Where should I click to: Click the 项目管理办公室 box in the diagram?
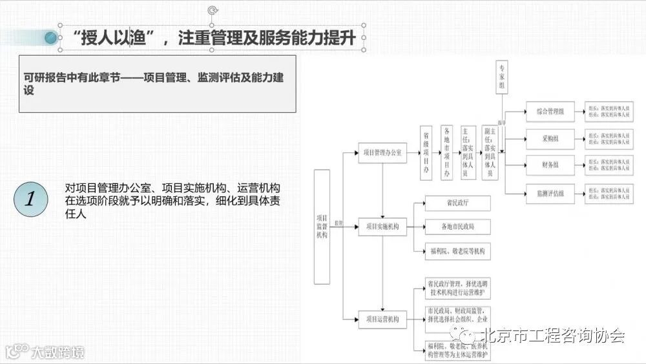coord(382,153)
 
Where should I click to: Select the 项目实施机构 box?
coord(382,227)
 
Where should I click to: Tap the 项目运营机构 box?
coord(382,319)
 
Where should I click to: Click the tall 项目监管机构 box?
coord(322,227)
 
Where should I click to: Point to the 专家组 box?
coord(503,77)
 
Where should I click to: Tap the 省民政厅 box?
coord(457,203)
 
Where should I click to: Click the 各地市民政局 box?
coord(457,227)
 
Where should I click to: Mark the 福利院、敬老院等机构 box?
coord(457,250)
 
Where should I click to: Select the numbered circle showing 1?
coord(30,198)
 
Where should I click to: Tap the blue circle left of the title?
coord(52,39)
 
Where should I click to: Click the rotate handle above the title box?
coord(213,10)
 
